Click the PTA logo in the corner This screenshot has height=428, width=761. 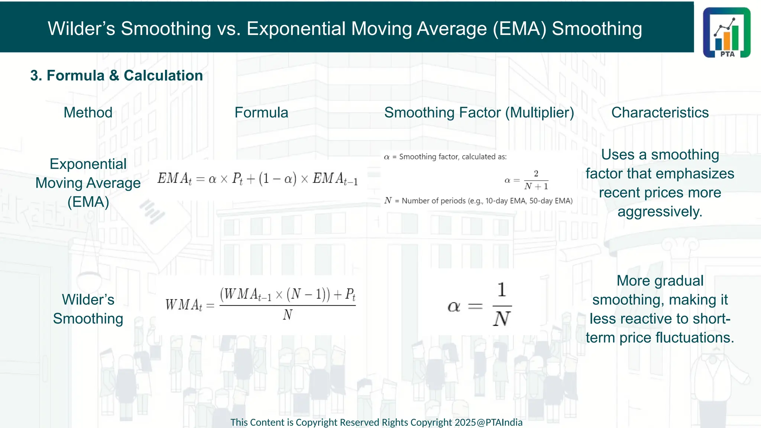pos(726,33)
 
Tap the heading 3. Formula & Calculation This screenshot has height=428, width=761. pos(116,76)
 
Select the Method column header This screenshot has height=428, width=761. pos(88,113)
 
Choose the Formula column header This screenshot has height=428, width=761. pos(261,113)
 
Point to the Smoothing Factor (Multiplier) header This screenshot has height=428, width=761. pos(479,113)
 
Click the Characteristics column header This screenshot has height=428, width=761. pos(660,113)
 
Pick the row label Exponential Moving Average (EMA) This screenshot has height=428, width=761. pos(88,183)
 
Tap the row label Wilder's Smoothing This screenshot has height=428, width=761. pos(88,309)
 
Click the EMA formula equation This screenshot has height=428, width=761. pos(258,179)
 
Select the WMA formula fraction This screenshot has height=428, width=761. pos(287,305)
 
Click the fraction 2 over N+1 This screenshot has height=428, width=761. pos(536,180)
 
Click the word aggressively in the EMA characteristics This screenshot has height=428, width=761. pos(660,212)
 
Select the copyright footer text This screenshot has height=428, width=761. pos(376,422)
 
